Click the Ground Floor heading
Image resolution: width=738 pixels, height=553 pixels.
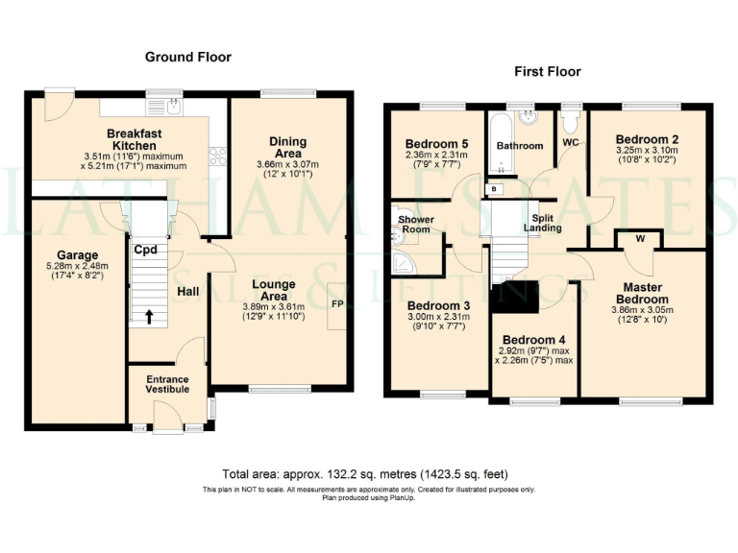(x=188, y=58)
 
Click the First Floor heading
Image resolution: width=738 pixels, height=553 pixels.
(x=548, y=72)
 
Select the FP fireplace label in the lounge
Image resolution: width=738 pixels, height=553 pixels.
(x=337, y=304)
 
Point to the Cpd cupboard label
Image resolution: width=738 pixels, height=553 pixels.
(x=145, y=251)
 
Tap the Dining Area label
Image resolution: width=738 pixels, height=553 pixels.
(x=287, y=147)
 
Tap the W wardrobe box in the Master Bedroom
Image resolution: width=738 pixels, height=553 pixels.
(x=639, y=238)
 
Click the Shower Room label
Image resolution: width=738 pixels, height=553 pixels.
(x=416, y=225)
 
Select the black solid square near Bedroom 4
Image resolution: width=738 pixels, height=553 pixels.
(x=514, y=299)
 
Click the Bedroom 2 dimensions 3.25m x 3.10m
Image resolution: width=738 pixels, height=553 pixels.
(x=646, y=150)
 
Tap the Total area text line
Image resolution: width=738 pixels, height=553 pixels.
(x=365, y=474)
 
